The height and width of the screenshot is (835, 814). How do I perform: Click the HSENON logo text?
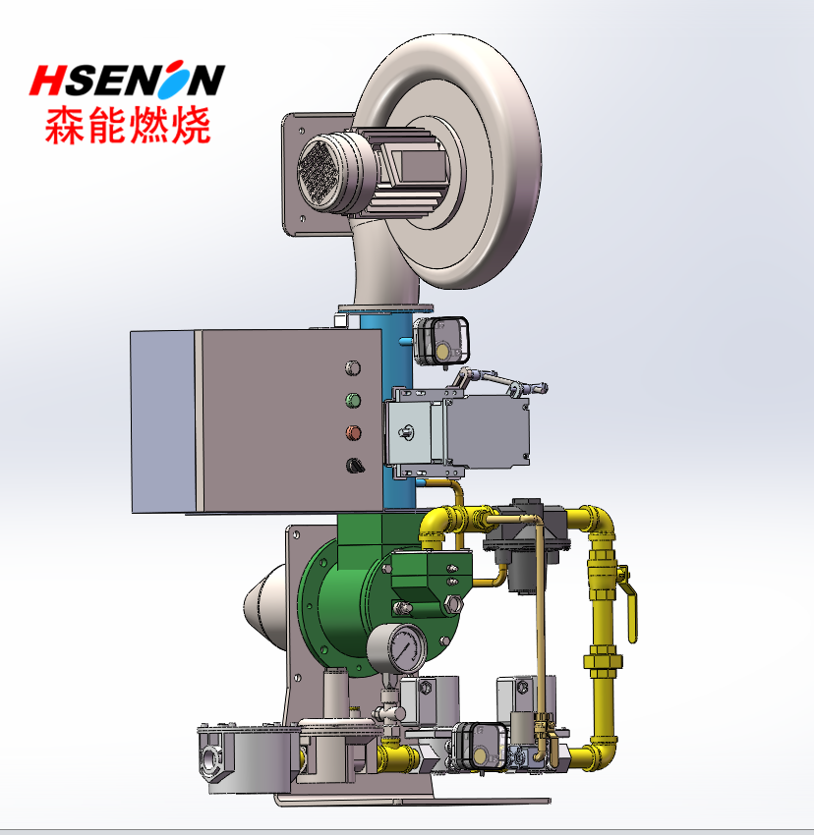pos(127,80)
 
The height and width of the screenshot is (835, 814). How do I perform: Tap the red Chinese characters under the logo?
pos(128,125)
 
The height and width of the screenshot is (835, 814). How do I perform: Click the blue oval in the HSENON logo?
pos(175,80)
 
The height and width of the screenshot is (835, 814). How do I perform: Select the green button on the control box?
pos(353,401)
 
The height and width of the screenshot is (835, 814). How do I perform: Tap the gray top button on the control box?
pos(353,368)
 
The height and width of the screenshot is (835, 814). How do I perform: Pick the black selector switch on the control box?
pos(355,466)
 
